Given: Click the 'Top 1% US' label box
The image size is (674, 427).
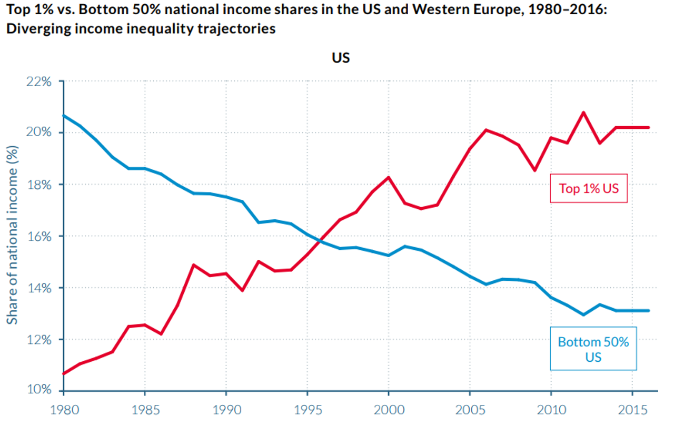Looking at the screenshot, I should click(589, 188).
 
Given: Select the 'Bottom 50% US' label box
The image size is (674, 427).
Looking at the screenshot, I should click(593, 349).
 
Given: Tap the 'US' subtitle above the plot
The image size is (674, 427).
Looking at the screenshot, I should click(341, 58).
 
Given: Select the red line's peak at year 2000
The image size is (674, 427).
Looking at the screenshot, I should click(388, 177).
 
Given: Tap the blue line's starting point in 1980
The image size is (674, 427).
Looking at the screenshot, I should click(64, 115).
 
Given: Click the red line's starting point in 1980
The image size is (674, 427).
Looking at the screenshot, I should click(64, 373).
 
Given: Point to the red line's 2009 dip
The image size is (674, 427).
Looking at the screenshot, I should click(534, 170).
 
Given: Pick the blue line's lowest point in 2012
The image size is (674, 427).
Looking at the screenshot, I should click(583, 314).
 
